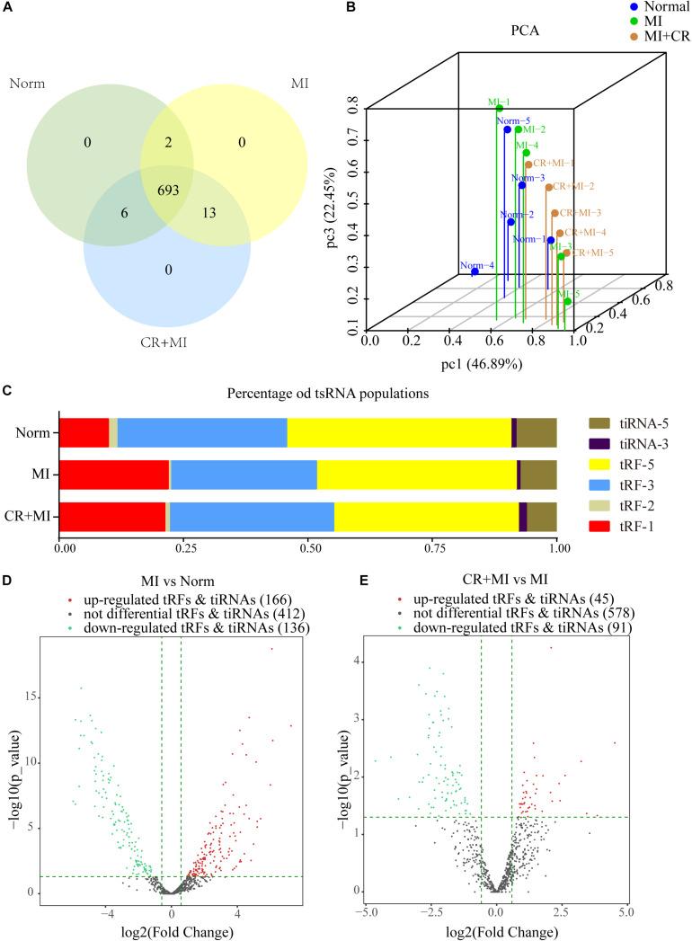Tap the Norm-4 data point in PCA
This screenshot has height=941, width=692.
[x=475, y=271]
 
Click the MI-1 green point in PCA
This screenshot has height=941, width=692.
[x=499, y=109]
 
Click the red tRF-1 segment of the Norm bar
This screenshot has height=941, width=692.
[x=84, y=432]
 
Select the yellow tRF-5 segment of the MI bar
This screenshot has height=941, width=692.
[x=416, y=475]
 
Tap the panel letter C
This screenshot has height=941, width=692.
[x=7, y=391]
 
